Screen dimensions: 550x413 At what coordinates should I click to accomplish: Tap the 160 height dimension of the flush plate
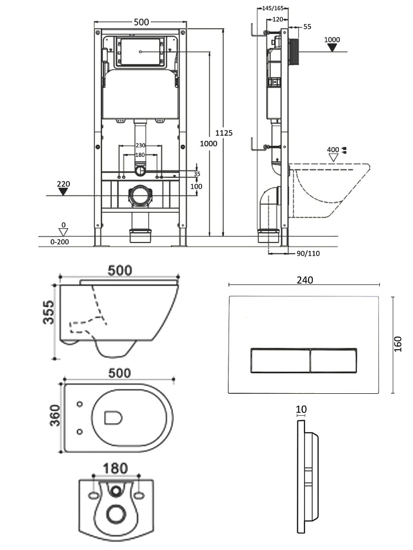coord(398,344)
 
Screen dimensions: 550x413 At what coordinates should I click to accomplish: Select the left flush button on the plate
coord(279,361)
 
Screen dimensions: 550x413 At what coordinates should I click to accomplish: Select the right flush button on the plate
coord(333,361)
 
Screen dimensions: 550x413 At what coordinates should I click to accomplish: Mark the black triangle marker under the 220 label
coord(63,191)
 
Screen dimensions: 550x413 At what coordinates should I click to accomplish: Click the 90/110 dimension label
coord(308,253)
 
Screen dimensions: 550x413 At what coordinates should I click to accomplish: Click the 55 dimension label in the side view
coord(307,26)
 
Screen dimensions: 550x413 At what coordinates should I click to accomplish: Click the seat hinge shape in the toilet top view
coord(112,419)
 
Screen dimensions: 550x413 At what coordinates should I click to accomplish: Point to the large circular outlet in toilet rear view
coord(116,514)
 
